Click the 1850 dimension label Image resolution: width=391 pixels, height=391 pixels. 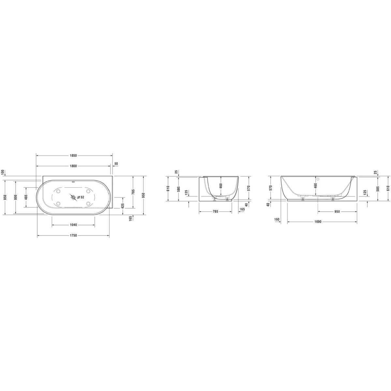click(73, 156)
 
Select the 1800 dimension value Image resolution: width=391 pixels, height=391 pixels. click(73, 166)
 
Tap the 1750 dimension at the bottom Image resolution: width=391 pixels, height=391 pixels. click(73, 236)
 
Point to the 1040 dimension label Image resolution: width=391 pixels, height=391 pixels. click(73, 225)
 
